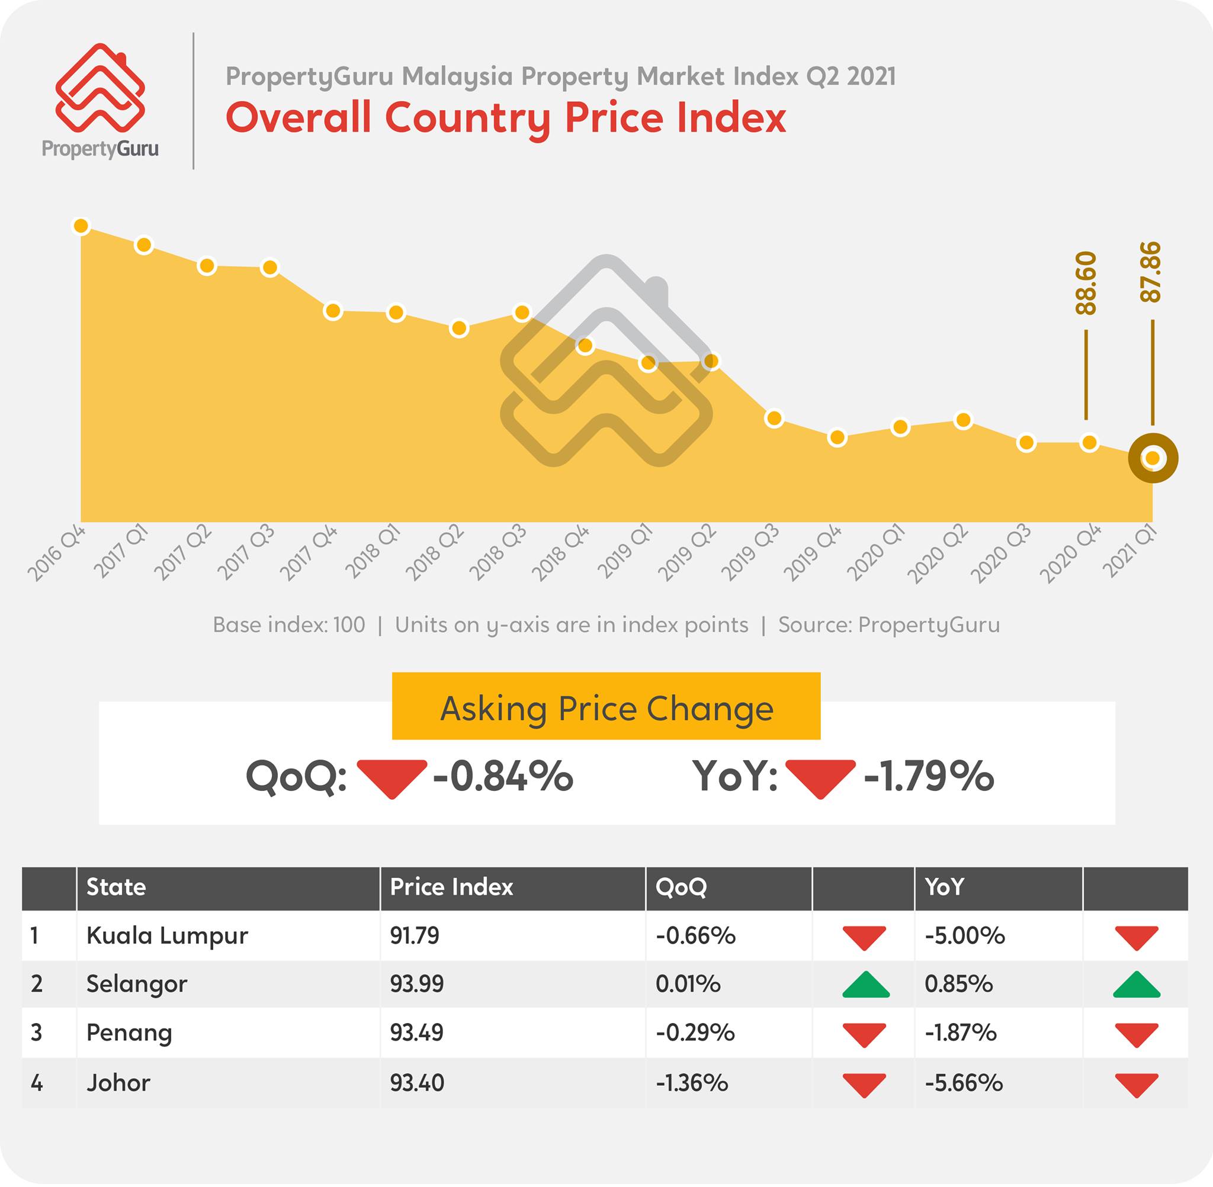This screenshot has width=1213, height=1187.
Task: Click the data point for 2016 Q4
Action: (81, 226)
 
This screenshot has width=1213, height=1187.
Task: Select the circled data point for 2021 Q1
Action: (1153, 458)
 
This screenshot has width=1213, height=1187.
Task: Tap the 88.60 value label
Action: (1086, 283)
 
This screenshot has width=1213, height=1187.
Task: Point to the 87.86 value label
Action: (1151, 272)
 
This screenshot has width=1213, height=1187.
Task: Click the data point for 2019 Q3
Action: (774, 419)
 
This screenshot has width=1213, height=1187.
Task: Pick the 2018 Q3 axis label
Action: (498, 552)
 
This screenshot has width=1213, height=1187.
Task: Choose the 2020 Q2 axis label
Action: (938, 554)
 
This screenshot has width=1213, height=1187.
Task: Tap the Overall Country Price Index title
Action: (506, 117)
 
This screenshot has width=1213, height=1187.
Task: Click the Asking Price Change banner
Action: (606, 706)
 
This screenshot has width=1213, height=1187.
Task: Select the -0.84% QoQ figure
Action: (503, 776)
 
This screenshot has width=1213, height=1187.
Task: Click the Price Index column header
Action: (451, 887)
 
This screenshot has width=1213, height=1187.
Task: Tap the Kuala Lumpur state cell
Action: (167, 936)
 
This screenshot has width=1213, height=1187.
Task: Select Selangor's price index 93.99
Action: (416, 985)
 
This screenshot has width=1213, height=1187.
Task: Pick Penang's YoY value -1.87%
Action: (961, 1034)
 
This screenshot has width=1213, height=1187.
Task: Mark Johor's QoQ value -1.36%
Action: (692, 1083)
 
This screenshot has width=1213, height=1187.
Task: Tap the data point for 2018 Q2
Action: (459, 328)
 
